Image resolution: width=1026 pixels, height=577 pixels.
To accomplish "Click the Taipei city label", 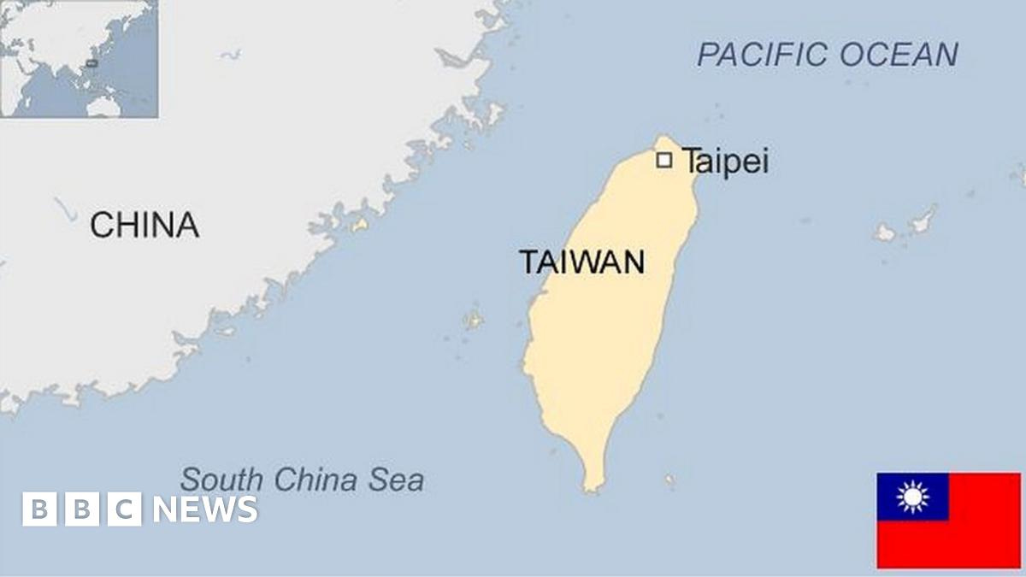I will pyautogui.click(x=725, y=162).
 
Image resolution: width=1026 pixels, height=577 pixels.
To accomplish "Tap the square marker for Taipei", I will pyautogui.click(x=663, y=160).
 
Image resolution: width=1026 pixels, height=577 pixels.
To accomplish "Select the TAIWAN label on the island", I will pyautogui.click(x=582, y=262).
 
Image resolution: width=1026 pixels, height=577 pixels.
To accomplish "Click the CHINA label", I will pyautogui.click(x=144, y=225).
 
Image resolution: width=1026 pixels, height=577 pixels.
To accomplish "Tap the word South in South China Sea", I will pyautogui.click(x=220, y=480).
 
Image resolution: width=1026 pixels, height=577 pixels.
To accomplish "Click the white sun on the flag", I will pyautogui.click(x=912, y=497).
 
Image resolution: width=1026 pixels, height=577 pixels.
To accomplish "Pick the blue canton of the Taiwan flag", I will pyautogui.click(x=912, y=497).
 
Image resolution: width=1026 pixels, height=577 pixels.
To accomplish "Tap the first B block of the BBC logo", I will pyautogui.click(x=38, y=509).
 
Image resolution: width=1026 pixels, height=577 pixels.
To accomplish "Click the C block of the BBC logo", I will pyautogui.click(x=125, y=509).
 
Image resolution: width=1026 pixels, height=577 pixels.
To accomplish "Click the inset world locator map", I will pyautogui.click(x=79, y=58).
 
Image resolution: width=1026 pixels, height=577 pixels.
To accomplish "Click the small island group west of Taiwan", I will pyautogui.click(x=473, y=320).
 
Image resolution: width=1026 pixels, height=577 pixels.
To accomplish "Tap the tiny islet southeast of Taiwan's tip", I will pyautogui.click(x=669, y=480).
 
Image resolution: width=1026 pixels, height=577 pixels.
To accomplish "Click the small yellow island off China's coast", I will pyautogui.click(x=360, y=226).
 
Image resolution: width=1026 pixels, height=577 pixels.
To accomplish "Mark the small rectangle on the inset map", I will pyautogui.click(x=91, y=62).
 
